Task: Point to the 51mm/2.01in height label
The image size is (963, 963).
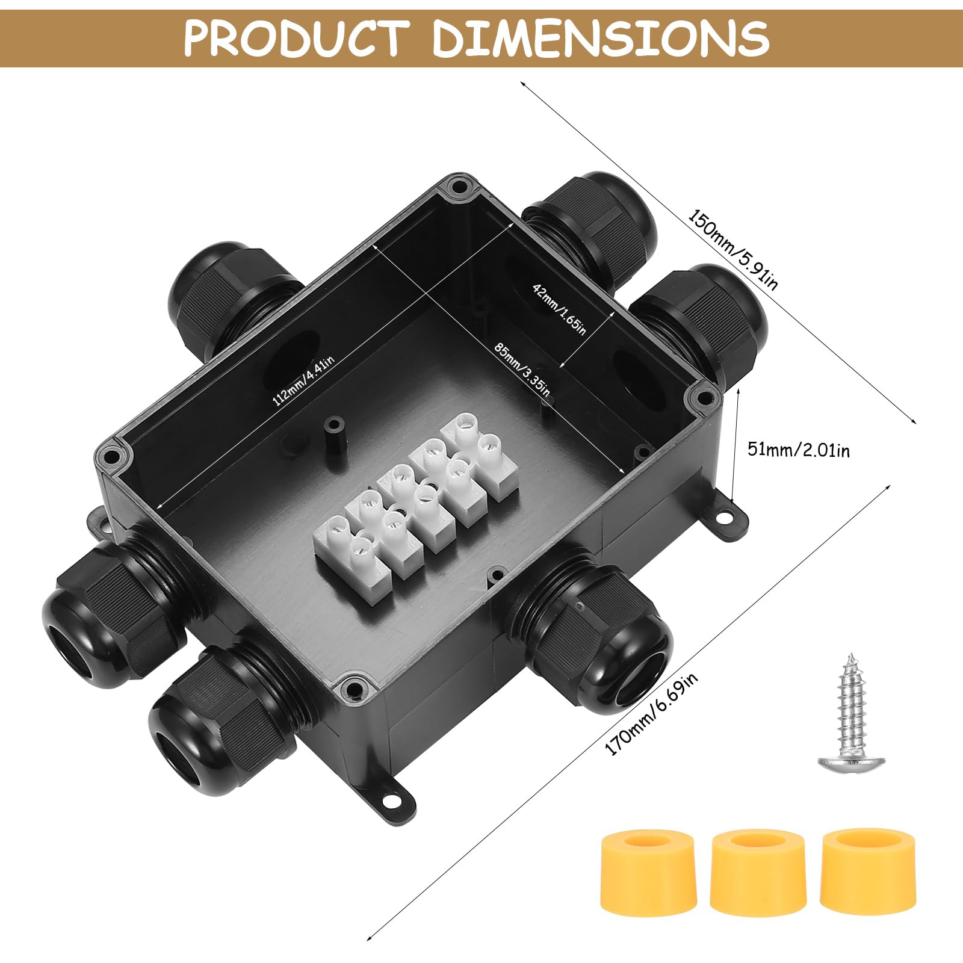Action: point(798,449)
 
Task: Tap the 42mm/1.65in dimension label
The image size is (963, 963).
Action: point(559,309)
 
